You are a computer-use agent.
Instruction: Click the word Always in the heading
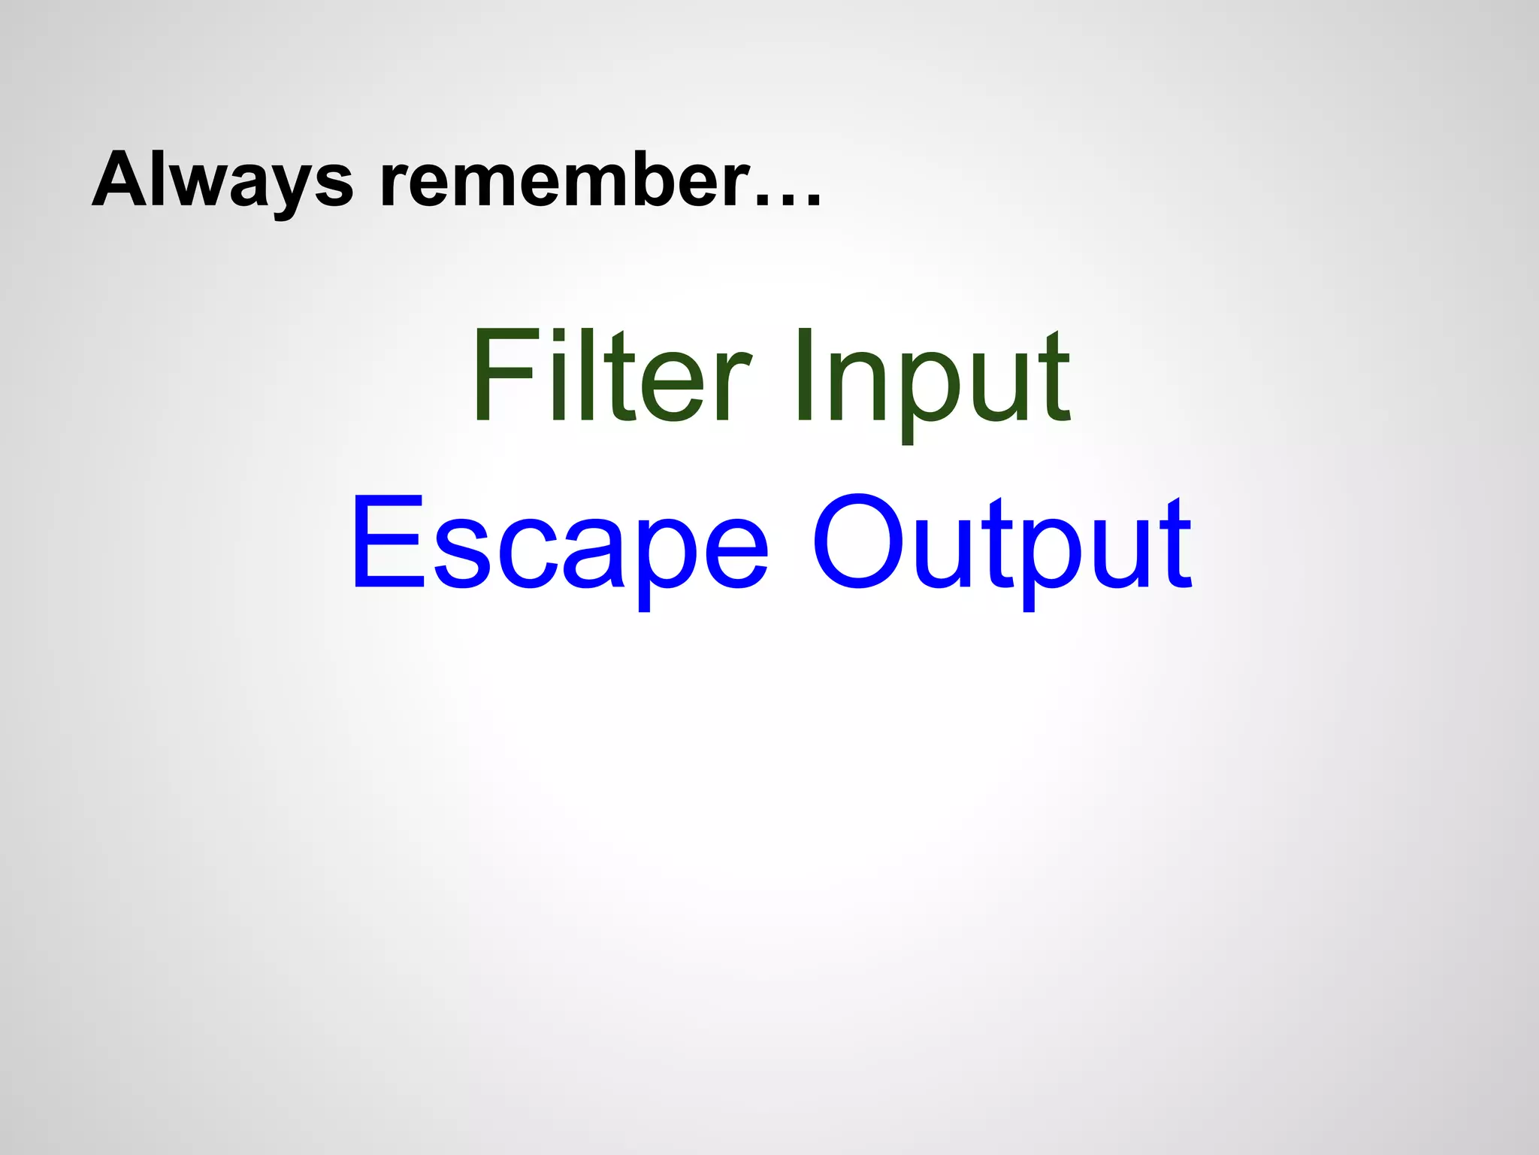[x=222, y=180]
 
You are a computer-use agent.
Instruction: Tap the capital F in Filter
[x=496, y=376]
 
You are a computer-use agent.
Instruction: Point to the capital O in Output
[x=857, y=541]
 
